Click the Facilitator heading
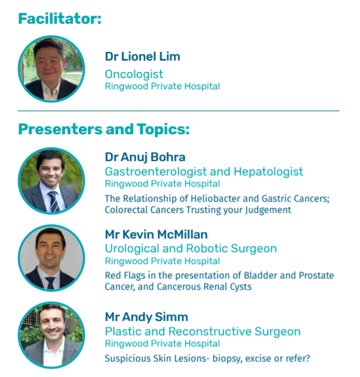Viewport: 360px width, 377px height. pyautogui.click(x=59, y=18)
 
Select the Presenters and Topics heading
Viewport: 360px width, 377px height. pyautogui.click(x=104, y=129)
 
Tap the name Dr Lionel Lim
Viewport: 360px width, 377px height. pyautogui.click(x=142, y=56)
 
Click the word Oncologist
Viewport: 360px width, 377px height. pyautogui.click(x=134, y=74)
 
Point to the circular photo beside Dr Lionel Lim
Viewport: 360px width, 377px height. pyautogui.click(x=51, y=69)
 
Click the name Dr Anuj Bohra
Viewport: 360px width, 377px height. pyautogui.click(x=145, y=157)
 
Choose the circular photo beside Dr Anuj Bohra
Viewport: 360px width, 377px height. pyautogui.click(x=51, y=181)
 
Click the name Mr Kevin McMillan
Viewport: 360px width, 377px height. pyautogui.click(x=156, y=235)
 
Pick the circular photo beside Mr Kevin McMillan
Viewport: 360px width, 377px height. pyautogui.click(x=51, y=258)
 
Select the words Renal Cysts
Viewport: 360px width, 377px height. pyautogui.click(x=231, y=286)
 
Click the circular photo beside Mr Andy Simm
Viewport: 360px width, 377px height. pyautogui.click(x=51, y=336)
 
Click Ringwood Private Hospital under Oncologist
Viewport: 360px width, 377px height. pyautogui.click(x=162, y=86)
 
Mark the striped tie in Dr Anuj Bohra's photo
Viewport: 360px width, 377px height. pyautogui.click(x=54, y=200)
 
